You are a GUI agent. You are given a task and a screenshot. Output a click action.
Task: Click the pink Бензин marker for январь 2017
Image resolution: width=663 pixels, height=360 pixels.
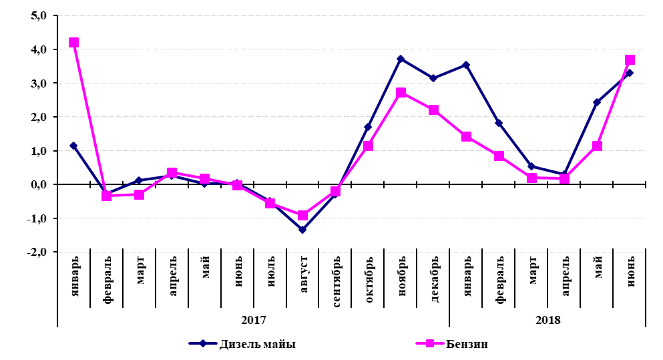[x=73, y=42]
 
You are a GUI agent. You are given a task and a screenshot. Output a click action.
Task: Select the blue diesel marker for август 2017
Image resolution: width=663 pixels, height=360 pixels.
[x=302, y=229]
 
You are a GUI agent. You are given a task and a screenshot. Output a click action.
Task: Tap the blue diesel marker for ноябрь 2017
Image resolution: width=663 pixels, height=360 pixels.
[x=401, y=59]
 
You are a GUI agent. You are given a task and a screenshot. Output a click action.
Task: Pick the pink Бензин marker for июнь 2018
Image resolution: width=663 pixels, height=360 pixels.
[x=630, y=59]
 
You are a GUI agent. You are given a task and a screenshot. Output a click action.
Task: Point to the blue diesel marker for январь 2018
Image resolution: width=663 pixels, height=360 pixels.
[x=466, y=65]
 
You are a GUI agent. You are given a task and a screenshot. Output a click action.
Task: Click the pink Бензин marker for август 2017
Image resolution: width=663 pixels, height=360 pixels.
[x=302, y=215]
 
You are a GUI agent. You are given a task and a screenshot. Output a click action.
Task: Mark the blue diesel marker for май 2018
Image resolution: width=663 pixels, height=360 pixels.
[x=597, y=102]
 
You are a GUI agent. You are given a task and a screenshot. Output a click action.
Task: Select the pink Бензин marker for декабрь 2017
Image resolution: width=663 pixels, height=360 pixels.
[x=433, y=110]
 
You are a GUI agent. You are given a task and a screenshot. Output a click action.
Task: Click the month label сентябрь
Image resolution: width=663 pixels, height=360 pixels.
[x=337, y=279]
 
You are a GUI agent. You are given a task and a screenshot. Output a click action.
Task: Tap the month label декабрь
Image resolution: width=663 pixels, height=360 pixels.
[x=435, y=279]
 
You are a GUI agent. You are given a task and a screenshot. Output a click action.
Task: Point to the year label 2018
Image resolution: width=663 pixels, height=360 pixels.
[x=547, y=319]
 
